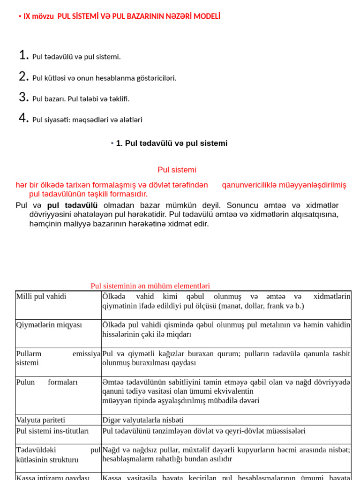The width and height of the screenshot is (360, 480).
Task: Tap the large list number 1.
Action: click(x=24, y=55)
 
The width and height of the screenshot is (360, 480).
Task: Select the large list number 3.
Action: click(x=24, y=97)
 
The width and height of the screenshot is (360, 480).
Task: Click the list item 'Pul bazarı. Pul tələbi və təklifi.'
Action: click(x=81, y=99)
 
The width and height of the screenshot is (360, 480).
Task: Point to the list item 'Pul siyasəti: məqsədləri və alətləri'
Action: click(x=87, y=120)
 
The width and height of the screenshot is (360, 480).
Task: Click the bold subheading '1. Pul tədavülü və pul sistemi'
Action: click(x=172, y=143)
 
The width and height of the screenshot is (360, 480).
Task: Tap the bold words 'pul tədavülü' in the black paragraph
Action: click(x=72, y=205)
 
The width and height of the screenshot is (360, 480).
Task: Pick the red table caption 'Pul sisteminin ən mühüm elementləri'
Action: click(x=150, y=286)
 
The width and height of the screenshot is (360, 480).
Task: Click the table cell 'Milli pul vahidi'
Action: click(x=41, y=296)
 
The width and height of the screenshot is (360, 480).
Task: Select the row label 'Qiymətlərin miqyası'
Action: click(x=49, y=325)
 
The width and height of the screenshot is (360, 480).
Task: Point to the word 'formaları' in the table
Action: click(x=63, y=382)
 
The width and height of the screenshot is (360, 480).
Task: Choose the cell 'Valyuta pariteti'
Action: click(x=41, y=420)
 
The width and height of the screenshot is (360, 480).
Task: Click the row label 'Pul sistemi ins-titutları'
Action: click(x=52, y=430)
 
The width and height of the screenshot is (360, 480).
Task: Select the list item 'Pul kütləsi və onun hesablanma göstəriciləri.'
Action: click(x=104, y=78)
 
